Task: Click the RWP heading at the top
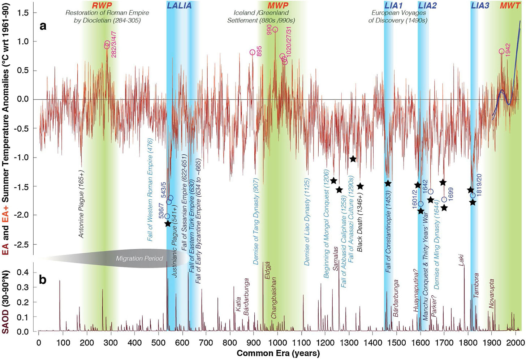[102, 5]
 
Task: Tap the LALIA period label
[179, 5]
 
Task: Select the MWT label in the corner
[510, 5]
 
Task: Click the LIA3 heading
[480, 5]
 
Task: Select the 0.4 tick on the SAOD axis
[23, 273]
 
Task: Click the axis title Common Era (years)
[278, 353]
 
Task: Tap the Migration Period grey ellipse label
[139, 258]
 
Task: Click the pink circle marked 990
[275, 30]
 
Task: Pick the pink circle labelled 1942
[501, 51]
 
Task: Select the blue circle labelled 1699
[444, 200]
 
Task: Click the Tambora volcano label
[476, 286]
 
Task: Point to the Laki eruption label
[461, 260]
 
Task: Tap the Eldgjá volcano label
[267, 270]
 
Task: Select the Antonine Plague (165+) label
[81, 204]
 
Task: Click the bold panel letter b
[43, 280]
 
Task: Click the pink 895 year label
[259, 51]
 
